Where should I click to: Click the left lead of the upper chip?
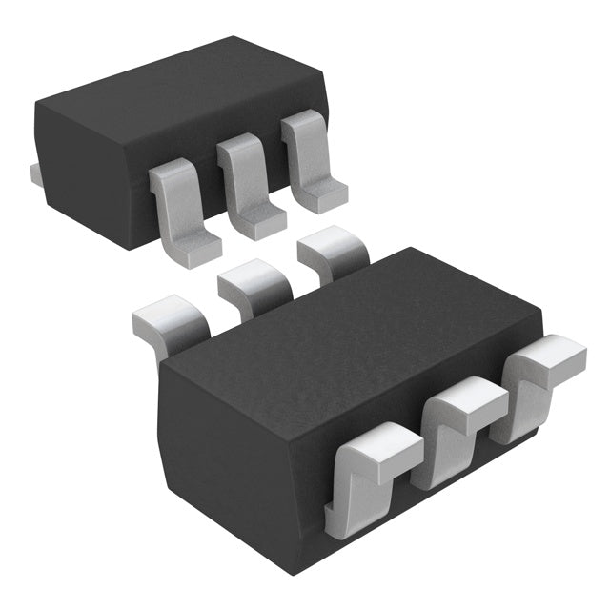(x=181, y=210)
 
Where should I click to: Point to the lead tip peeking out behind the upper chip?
(x=33, y=173)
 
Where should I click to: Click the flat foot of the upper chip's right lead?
(x=321, y=195)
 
